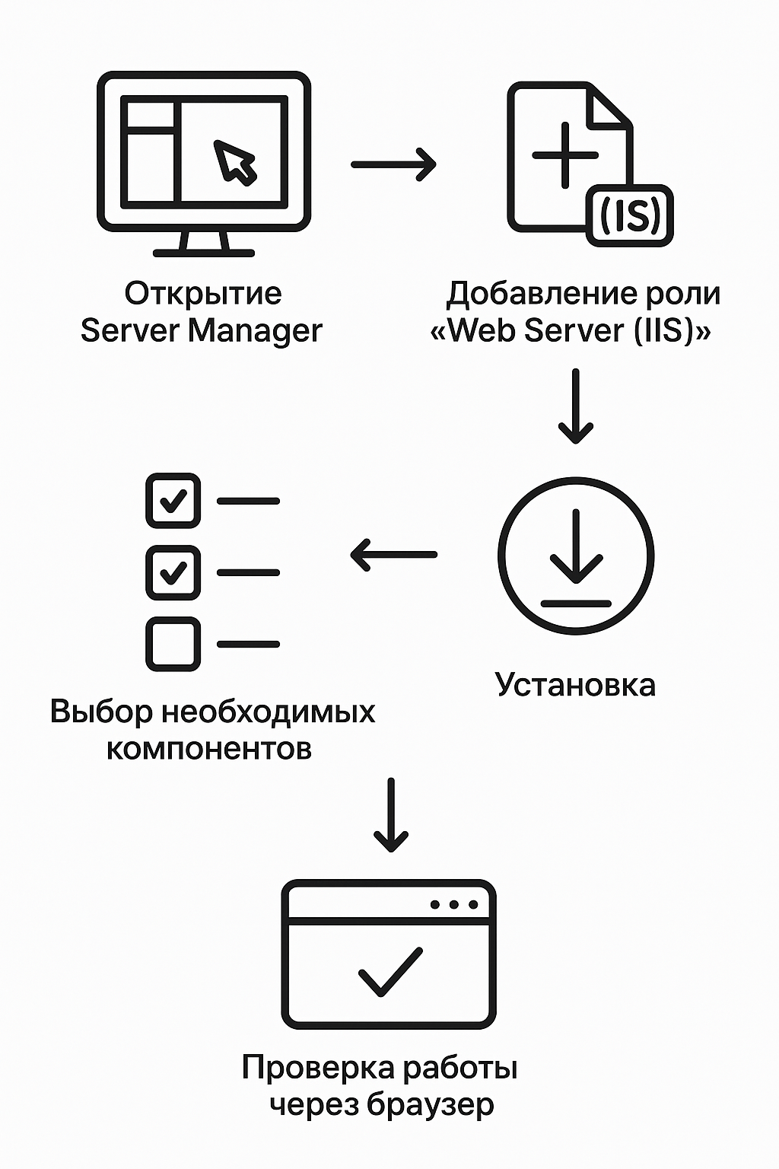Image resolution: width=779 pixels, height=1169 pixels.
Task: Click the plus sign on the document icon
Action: (564, 155)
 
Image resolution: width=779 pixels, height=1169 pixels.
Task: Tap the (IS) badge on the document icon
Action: (630, 215)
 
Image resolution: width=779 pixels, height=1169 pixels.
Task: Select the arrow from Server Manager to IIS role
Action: (393, 164)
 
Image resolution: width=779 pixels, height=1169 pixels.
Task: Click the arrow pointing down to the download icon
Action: (575, 406)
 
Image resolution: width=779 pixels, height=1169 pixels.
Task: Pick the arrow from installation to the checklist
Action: (393, 555)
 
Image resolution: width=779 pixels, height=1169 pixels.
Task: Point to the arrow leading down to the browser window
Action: (391, 815)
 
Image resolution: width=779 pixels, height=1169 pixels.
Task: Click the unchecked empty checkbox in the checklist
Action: (173, 644)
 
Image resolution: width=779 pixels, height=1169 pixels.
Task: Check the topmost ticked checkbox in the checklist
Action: (173, 501)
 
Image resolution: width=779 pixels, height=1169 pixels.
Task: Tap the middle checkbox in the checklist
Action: (173, 572)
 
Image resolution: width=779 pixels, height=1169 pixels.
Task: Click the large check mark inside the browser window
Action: (389, 972)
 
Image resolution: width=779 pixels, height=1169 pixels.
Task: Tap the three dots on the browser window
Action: (454, 905)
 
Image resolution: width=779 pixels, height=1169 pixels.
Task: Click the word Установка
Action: (575, 685)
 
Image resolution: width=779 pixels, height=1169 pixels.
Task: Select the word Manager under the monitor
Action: (255, 331)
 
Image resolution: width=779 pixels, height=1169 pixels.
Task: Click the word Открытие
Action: (203, 294)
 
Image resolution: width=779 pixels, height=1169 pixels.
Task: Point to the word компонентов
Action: (208, 749)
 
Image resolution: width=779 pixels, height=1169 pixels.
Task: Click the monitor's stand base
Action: (203, 252)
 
